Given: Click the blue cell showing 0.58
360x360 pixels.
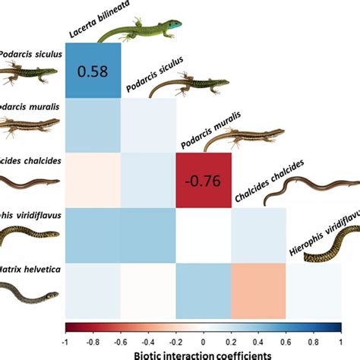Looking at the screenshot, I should click(92, 71).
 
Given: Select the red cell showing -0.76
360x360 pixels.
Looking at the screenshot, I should click(203, 180).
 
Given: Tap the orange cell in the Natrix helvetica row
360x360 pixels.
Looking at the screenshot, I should click(258, 289).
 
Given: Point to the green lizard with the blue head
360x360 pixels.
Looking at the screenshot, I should click(140, 30).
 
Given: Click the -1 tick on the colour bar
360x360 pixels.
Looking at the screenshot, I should click(67, 338).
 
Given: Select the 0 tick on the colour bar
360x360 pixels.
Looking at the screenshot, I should click(203, 338).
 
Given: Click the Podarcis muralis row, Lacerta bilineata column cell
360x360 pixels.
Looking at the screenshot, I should click(92, 125).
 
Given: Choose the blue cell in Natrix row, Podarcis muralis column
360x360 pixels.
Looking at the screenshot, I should click(203, 289).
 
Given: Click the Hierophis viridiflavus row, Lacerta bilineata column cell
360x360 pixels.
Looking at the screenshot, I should click(92, 235).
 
